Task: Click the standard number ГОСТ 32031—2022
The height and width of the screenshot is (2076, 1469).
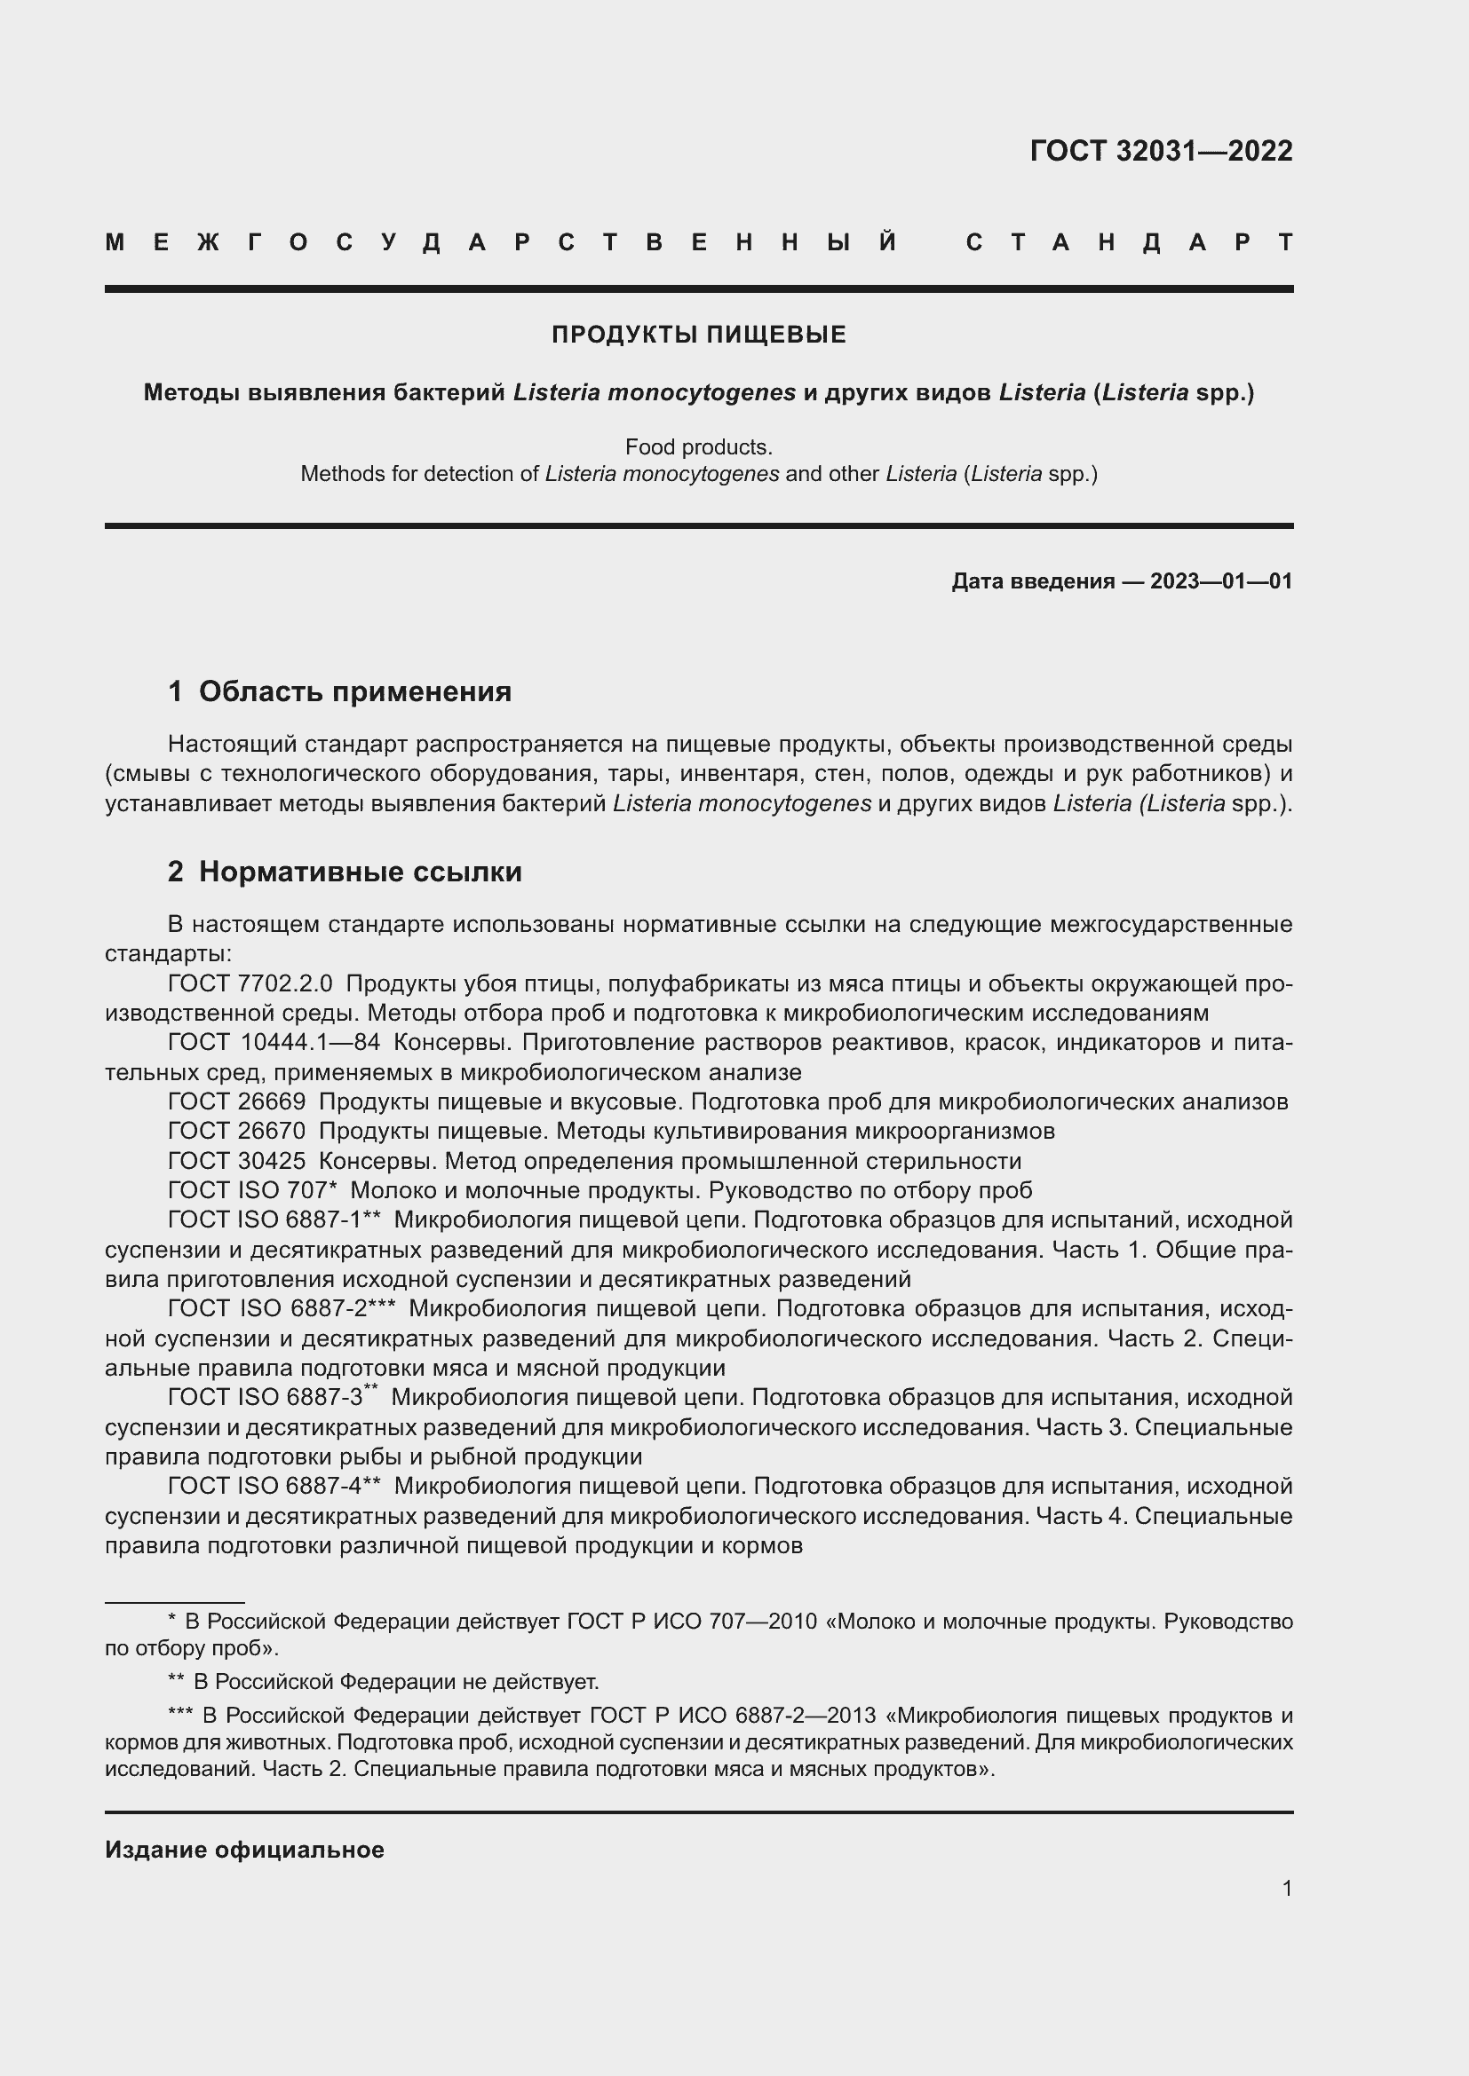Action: pyautogui.click(x=1161, y=151)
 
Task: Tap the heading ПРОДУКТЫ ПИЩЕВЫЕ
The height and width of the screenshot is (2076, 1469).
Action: pyautogui.click(x=698, y=335)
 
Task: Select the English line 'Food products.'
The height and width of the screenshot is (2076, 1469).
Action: pyautogui.click(x=698, y=446)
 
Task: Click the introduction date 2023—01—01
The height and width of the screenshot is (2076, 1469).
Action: pyautogui.click(x=1221, y=581)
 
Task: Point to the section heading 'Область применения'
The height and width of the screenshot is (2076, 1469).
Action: pyautogui.click(x=354, y=691)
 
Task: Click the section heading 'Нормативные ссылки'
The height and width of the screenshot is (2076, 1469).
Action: pyautogui.click(x=360, y=872)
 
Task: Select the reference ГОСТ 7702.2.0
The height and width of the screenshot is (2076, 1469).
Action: pyautogui.click(x=250, y=983)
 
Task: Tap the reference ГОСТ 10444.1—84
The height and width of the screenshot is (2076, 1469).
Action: pyautogui.click(x=274, y=1043)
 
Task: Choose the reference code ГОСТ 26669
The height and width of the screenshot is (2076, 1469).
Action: pyautogui.click(x=237, y=1101)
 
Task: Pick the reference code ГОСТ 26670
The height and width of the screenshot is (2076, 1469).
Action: pyautogui.click(x=237, y=1131)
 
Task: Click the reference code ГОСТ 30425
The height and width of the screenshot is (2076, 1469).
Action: pyautogui.click(x=237, y=1161)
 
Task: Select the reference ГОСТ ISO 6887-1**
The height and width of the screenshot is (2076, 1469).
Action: pyautogui.click(x=274, y=1220)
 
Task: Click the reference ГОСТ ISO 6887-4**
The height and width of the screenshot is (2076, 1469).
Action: pyautogui.click(x=274, y=1487)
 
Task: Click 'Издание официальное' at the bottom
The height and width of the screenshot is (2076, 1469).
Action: pyautogui.click(x=244, y=1850)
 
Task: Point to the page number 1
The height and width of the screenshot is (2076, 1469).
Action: pyautogui.click(x=1286, y=1888)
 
